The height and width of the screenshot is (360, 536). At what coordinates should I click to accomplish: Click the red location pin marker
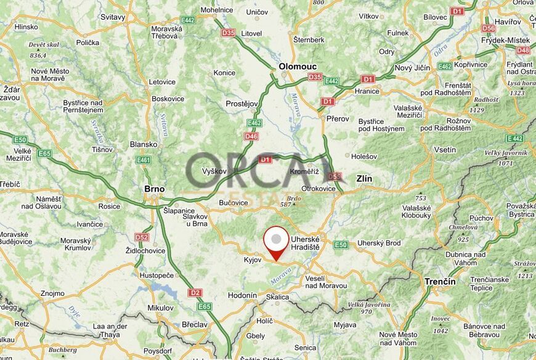point(276,242)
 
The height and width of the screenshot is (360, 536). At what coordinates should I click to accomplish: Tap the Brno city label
point(153,189)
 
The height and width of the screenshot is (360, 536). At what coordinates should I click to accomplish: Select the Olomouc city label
point(298,66)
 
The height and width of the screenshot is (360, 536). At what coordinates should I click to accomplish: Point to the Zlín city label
point(365,179)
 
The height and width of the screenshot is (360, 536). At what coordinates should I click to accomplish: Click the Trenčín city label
point(440,281)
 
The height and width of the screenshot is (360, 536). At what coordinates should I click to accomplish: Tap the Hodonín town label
point(242,295)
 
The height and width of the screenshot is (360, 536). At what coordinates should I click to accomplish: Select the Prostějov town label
point(241,104)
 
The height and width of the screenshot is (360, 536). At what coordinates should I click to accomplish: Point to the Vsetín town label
point(445,150)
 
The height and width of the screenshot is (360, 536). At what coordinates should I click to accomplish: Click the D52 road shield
point(142,237)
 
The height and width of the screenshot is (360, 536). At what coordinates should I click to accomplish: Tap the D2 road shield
point(195,292)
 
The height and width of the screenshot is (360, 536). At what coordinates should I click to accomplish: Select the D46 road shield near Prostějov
point(251,136)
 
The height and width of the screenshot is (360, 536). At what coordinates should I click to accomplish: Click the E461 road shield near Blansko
point(144,160)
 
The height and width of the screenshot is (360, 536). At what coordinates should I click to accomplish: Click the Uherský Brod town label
point(379,243)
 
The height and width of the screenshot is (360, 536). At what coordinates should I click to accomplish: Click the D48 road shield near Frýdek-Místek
point(522,50)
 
